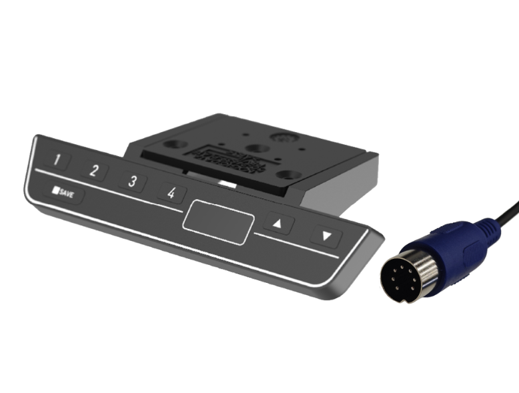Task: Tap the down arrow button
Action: click(326, 236)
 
